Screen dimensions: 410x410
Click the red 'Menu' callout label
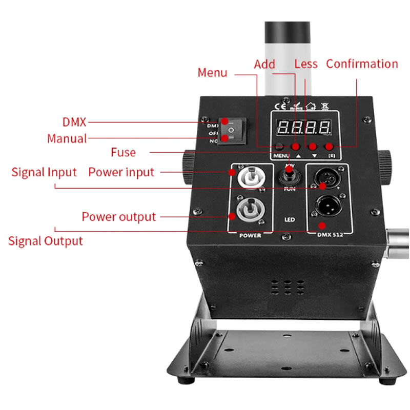[x=212, y=73]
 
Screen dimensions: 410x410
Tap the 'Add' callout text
[x=264, y=65]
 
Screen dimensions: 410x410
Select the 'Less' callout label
[x=306, y=65]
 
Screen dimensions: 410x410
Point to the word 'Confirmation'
[x=362, y=64]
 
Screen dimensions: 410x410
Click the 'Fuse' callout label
[x=123, y=152]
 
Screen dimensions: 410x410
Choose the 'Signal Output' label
[x=45, y=241]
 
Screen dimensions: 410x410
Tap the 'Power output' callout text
[x=118, y=217]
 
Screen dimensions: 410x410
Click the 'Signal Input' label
[x=44, y=172]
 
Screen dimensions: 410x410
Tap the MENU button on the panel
[x=280, y=147]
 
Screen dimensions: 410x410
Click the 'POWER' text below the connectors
[x=250, y=235]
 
